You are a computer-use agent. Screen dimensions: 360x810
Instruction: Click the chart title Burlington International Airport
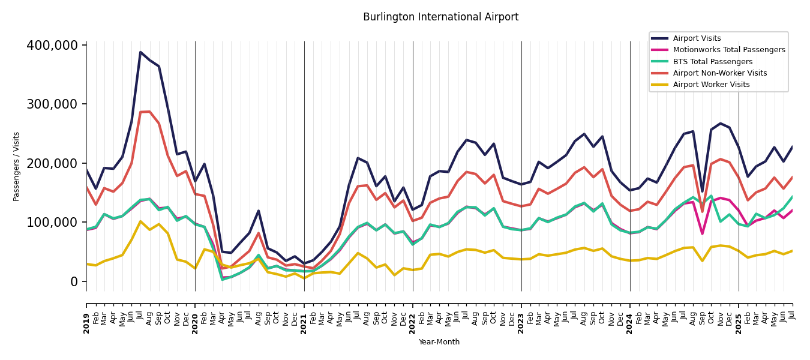point(440,17)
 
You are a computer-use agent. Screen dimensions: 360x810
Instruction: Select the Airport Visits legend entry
point(697,38)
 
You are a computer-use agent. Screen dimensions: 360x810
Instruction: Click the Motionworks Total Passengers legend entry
point(728,50)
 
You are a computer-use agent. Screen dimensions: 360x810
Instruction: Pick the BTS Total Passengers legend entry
point(712,62)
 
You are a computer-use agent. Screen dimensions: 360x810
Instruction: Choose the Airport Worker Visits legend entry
point(711,85)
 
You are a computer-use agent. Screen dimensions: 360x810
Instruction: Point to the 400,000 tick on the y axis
point(52,46)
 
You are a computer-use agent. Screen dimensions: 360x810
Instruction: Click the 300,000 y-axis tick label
point(52,104)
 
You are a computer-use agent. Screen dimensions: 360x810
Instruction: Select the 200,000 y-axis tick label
point(52,164)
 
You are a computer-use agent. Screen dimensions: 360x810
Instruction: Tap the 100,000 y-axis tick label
point(52,223)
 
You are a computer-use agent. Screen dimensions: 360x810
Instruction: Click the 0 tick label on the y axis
point(74,281)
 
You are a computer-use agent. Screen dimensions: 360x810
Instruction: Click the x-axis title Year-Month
point(439,342)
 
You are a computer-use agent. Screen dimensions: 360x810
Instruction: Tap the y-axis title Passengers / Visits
point(17,166)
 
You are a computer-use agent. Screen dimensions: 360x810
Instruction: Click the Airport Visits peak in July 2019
point(140,52)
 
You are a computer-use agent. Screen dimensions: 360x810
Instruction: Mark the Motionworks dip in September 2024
point(702,233)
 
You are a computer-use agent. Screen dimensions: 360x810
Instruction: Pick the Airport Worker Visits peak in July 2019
point(140,221)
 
